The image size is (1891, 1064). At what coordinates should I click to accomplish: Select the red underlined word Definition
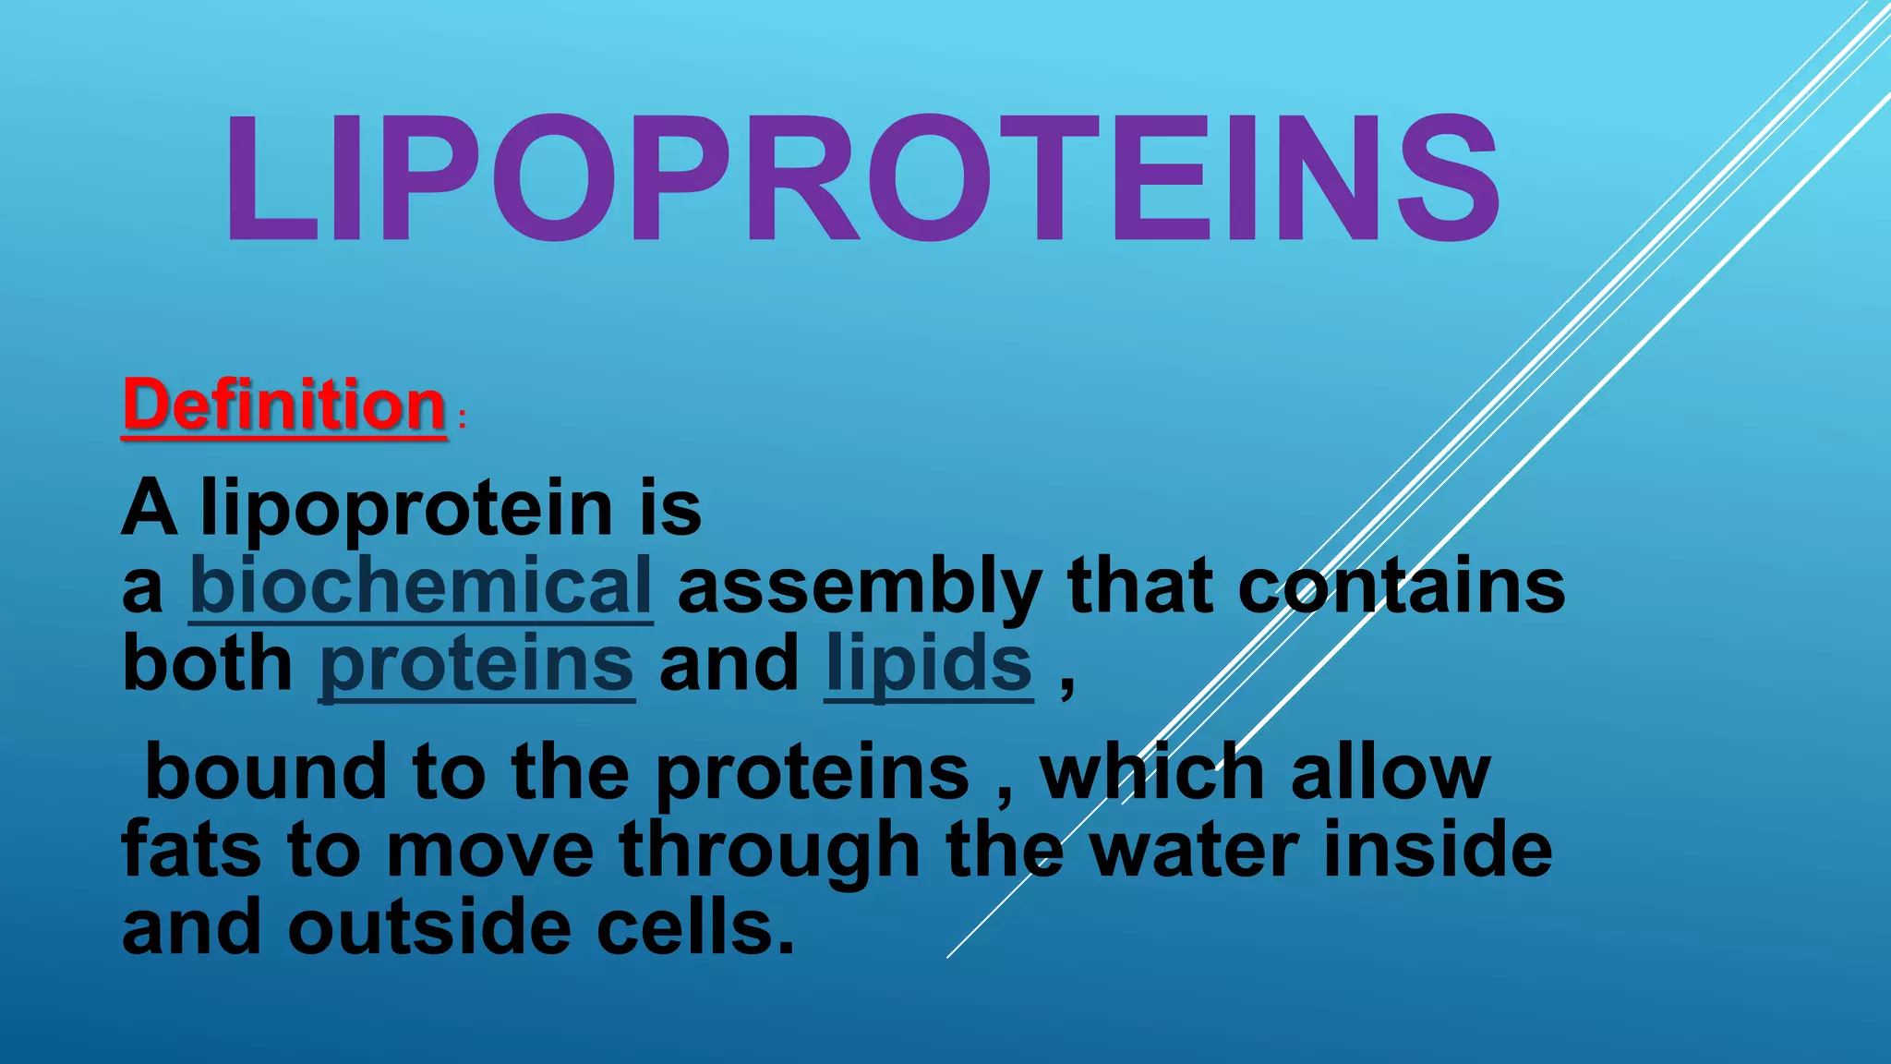(284, 405)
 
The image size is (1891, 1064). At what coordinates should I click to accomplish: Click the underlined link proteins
(476, 665)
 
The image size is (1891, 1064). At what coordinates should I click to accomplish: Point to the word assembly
(860, 587)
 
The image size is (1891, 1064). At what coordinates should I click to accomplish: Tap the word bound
(266, 772)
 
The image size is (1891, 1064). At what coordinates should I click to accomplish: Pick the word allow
(1390, 772)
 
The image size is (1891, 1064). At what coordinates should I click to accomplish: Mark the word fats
(191, 850)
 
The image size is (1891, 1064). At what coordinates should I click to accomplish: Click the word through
(769, 852)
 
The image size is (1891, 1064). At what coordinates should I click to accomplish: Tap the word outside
(429, 927)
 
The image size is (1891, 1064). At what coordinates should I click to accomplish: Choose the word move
(489, 850)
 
